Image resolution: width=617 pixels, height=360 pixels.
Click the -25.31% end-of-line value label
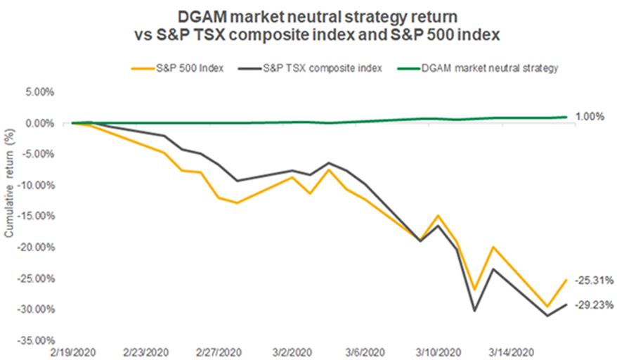[x=595, y=280]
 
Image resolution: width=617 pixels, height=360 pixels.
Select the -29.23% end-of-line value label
[x=595, y=305]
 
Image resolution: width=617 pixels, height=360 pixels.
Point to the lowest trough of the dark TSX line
[x=547, y=316]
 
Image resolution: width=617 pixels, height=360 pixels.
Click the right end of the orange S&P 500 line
[x=566, y=280]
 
